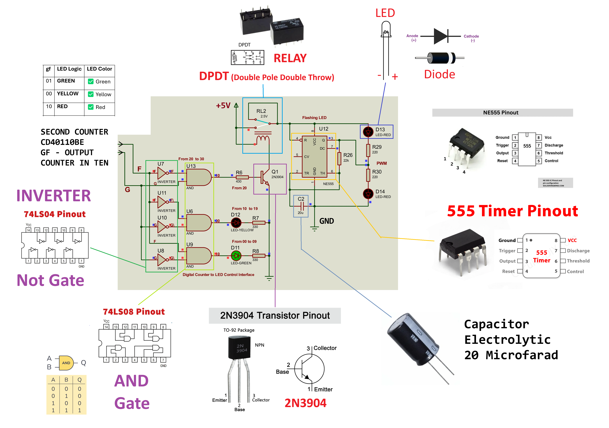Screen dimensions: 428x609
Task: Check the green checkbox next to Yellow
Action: [x=91, y=94]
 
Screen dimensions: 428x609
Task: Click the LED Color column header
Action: [x=100, y=69]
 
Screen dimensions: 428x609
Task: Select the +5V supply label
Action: [x=223, y=106]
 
